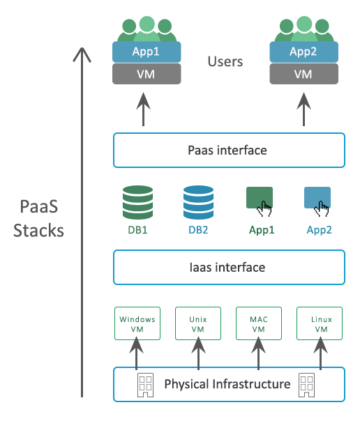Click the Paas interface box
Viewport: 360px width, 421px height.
(x=229, y=150)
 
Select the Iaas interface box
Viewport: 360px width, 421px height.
(x=229, y=267)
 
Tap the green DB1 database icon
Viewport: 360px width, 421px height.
(x=137, y=202)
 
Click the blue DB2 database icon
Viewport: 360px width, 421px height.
(x=198, y=202)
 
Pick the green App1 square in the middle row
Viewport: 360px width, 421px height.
(x=258, y=199)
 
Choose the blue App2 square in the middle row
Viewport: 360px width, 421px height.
(x=317, y=199)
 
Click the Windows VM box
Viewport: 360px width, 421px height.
(x=137, y=323)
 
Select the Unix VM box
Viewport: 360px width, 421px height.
(x=198, y=323)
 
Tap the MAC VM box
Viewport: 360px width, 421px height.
(x=259, y=323)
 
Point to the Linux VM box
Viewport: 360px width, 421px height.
(x=321, y=323)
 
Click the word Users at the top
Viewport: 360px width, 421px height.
(x=225, y=62)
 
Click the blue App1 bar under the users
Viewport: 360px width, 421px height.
(x=147, y=52)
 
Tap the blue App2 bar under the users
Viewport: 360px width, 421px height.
(x=303, y=52)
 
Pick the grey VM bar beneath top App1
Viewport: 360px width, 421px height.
(x=147, y=74)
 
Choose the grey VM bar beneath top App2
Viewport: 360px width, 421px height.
(x=303, y=74)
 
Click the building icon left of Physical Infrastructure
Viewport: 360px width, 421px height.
(x=145, y=383)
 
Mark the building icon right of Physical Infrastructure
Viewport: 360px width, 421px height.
(x=308, y=383)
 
